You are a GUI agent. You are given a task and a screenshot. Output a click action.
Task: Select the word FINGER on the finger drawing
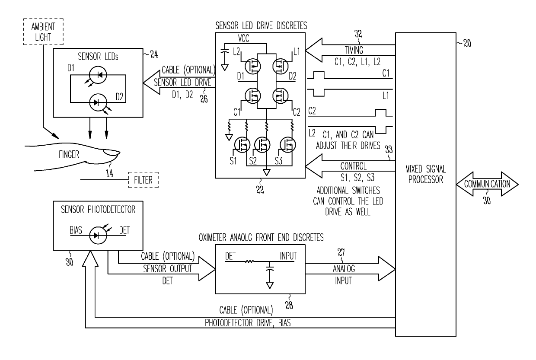(69, 155)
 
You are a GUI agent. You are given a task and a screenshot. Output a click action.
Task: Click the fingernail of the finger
(112, 152)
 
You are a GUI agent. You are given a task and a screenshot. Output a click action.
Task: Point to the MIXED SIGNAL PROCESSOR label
(425, 174)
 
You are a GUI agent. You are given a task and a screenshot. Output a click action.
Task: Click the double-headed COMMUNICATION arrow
(487, 184)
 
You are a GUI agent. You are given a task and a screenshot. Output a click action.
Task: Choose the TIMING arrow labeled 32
(350, 50)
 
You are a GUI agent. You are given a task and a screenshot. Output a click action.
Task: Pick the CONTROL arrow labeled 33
(350, 166)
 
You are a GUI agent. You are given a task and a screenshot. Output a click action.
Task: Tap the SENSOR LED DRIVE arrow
(179, 83)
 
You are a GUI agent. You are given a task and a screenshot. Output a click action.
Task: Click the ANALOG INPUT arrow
(350, 269)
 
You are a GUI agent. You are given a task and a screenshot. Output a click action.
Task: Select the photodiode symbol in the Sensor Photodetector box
(98, 236)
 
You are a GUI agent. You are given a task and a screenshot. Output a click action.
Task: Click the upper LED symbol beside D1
(98, 75)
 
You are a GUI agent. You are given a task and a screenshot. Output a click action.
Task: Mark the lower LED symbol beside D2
(98, 102)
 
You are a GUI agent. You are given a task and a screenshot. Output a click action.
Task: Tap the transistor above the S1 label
(242, 145)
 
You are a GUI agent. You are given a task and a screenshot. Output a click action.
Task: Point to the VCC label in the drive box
(244, 38)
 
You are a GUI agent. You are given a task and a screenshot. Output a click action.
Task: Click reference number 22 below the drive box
(260, 190)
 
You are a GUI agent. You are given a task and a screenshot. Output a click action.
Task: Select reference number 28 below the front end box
(289, 305)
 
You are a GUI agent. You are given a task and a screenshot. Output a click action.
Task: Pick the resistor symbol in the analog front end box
(249, 261)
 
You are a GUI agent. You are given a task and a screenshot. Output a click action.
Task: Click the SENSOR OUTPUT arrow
(162, 268)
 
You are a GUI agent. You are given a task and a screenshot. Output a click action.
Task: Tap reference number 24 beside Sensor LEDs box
(154, 54)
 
